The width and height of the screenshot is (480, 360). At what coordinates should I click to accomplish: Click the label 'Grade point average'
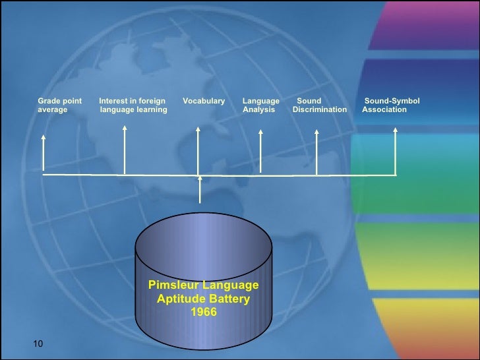coord(59,105)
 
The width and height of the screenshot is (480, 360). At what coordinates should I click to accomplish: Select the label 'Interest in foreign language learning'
coord(133,105)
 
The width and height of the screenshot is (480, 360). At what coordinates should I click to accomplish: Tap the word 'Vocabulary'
coord(203,101)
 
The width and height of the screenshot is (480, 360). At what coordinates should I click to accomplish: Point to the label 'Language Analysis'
coord(260,105)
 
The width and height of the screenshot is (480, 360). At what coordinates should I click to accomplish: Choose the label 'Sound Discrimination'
coord(319,105)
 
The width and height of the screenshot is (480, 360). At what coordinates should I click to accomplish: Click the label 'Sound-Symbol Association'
coord(391,105)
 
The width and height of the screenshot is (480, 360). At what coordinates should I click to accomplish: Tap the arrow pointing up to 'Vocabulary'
coord(198,152)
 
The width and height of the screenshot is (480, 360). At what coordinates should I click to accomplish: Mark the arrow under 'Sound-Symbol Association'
coord(396,152)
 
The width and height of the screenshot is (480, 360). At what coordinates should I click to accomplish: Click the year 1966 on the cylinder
coord(203,313)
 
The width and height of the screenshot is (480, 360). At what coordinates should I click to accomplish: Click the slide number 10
coord(37,344)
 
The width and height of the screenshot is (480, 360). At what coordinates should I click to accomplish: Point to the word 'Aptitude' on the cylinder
coord(179,299)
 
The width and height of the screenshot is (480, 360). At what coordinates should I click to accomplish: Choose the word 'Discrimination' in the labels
coord(319,109)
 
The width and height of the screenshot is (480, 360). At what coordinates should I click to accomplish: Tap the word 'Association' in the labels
coord(384,109)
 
